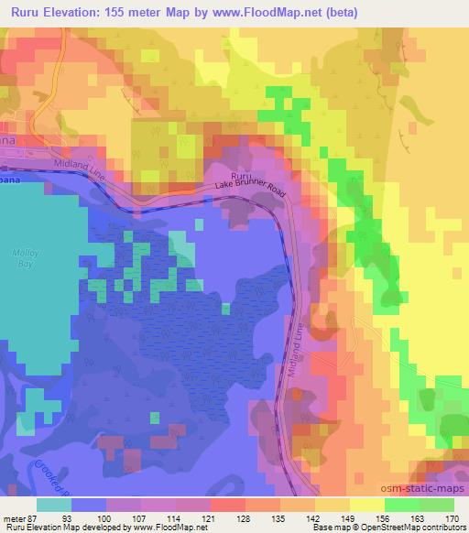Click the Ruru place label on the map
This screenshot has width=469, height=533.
click(x=240, y=175)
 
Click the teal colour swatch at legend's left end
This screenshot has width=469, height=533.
click(x=54, y=505)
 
